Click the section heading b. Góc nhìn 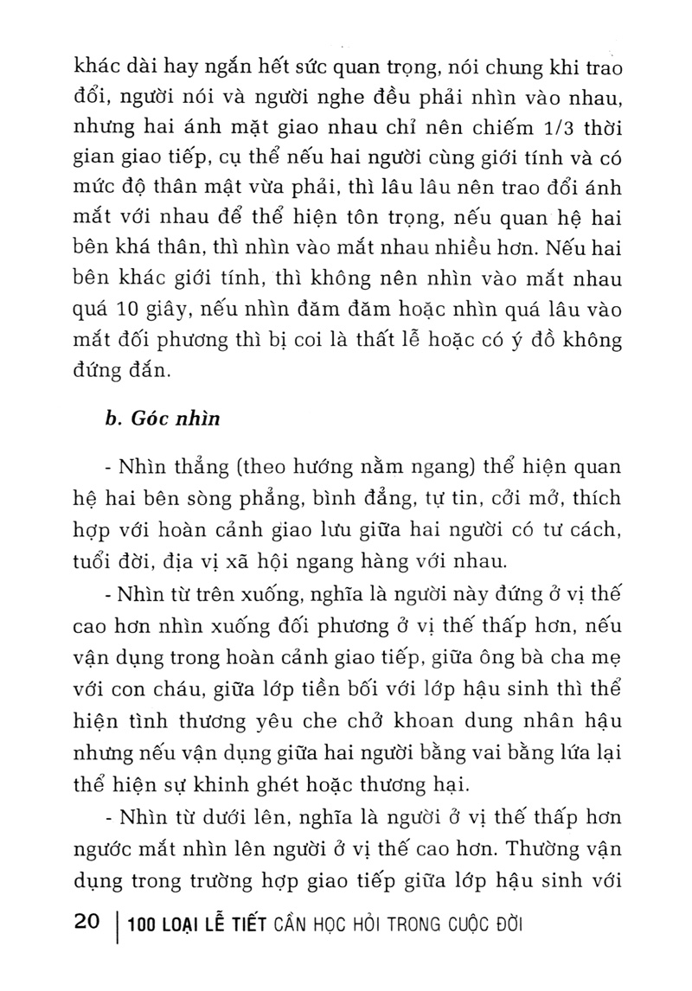pyautogui.click(x=162, y=420)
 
